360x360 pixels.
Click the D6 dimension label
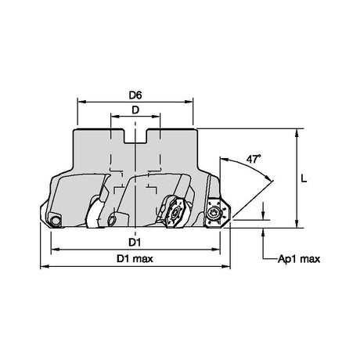click(x=135, y=95)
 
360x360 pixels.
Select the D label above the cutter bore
click(x=135, y=110)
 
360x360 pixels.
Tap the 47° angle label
click(x=254, y=159)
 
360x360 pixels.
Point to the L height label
click(x=304, y=178)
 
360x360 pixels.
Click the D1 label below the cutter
click(x=135, y=243)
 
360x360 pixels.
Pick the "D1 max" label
click(x=135, y=259)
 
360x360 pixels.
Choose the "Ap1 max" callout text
click(x=299, y=259)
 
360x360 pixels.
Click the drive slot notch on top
click(x=135, y=135)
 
